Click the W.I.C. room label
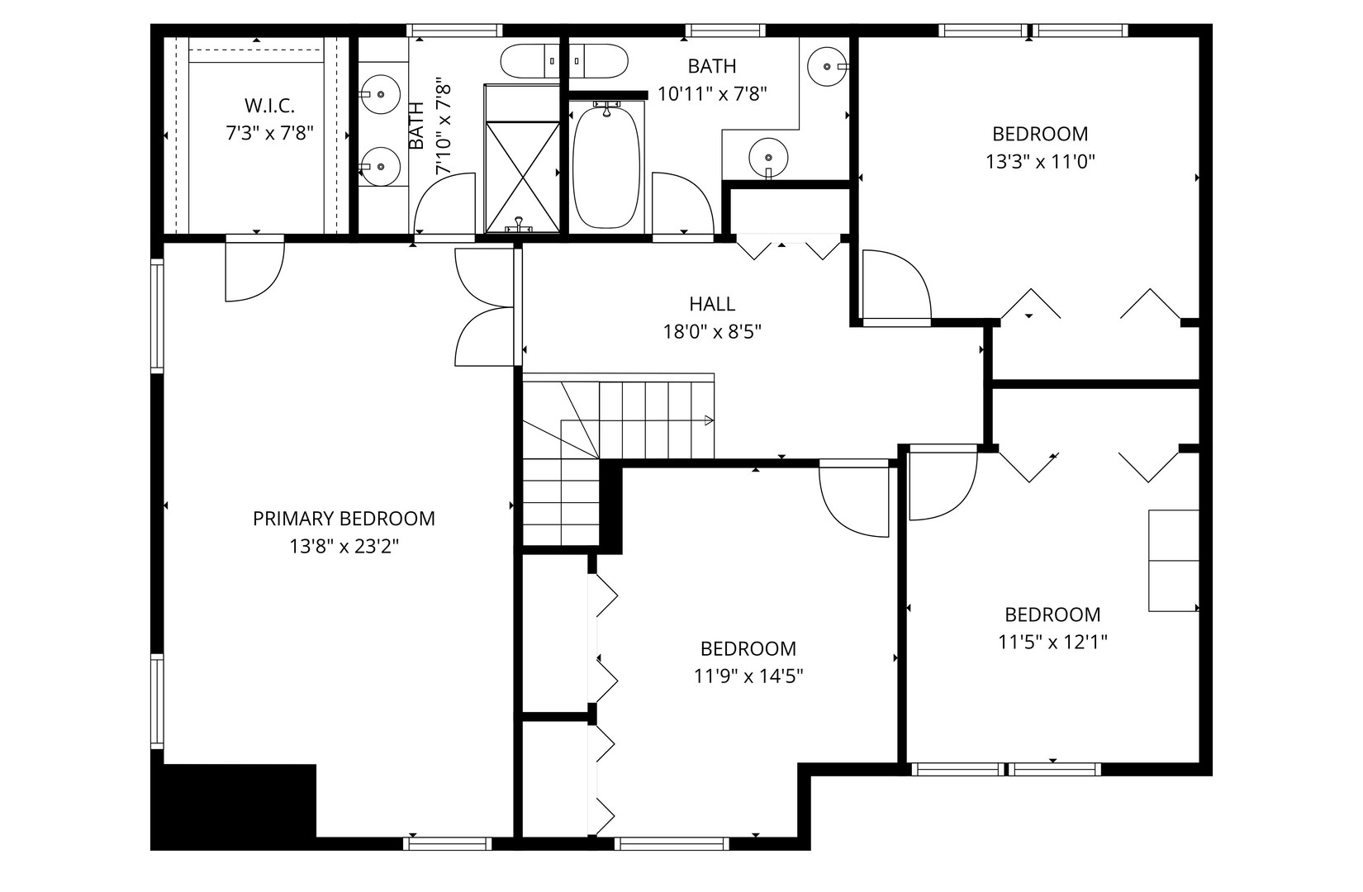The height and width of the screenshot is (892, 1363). (269, 105)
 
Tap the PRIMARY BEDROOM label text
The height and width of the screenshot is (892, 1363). (344, 519)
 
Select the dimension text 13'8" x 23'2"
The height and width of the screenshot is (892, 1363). (344, 547)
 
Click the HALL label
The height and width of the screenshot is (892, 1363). (712, 304)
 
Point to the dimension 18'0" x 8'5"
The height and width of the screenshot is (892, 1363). (712, 332)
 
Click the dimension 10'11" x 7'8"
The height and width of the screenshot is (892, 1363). (712, 93)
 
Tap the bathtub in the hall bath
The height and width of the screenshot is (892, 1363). (606, 165)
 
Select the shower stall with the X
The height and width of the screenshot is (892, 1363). (523, 177)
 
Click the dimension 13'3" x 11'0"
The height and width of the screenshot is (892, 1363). (1041, 161)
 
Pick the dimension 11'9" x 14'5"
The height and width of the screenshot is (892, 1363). (748, 676)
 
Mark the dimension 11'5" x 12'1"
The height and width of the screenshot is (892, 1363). (1052, 642)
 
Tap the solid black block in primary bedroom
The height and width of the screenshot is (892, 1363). (234, 806)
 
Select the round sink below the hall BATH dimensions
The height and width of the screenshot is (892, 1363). (768, 157)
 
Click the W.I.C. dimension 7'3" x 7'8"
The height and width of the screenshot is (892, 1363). (269, 133)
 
